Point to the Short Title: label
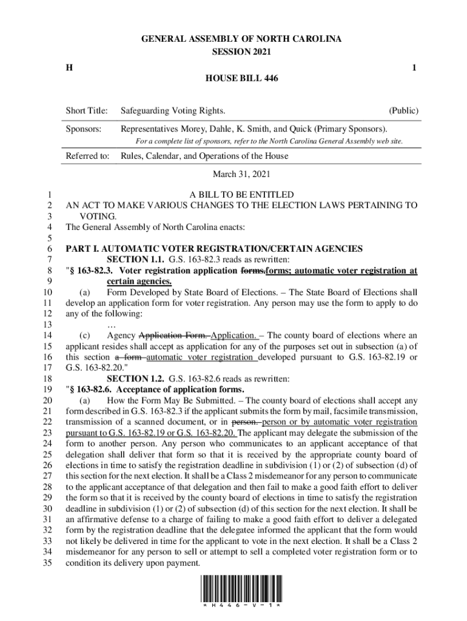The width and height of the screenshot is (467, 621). click(87, 111)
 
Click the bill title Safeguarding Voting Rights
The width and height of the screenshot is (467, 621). click(173, 111)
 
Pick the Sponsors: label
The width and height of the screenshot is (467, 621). click(84, 129)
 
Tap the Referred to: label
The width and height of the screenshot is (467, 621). click(88, 156)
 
